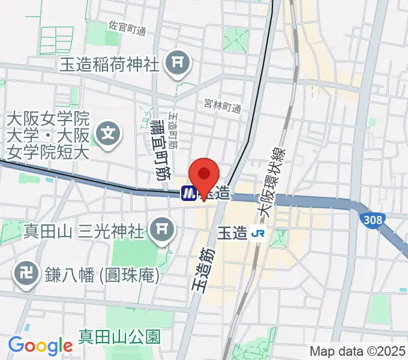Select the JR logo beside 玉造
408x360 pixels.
259,232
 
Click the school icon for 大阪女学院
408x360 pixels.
109,130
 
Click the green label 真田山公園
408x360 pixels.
120,335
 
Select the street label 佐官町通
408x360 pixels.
127,29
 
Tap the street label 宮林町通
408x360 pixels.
222,108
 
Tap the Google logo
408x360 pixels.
40,346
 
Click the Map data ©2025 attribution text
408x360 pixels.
357,351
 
